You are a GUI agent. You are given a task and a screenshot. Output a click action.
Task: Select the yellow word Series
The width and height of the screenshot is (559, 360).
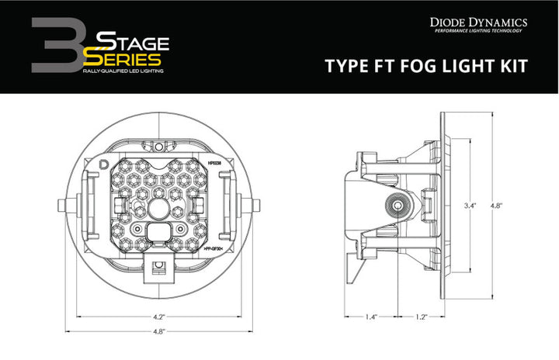[x=126, y=57]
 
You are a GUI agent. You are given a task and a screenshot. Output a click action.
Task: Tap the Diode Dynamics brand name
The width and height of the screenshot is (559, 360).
[x=479, y=23]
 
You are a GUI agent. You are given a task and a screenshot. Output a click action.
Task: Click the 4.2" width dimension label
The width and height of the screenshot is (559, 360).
[x=158, y=317]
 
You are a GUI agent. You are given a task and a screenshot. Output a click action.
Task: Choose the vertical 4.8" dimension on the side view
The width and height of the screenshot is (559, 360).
[x=495, y=206]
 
